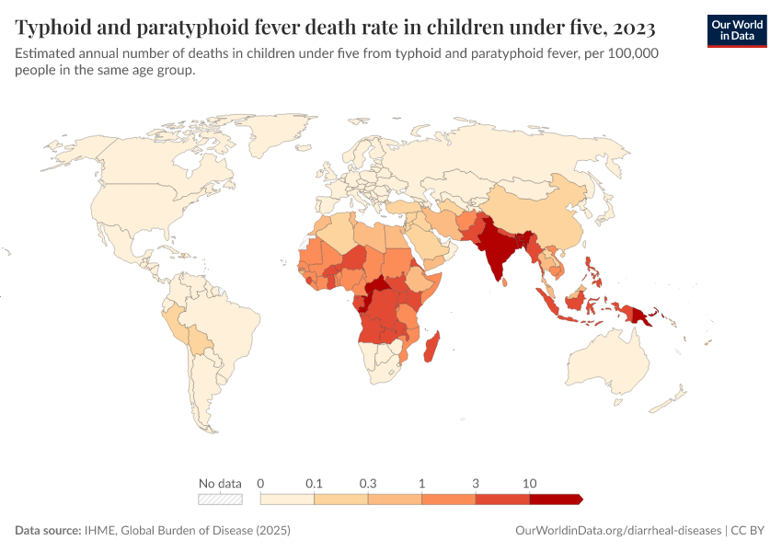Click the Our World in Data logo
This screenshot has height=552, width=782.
(737, 30)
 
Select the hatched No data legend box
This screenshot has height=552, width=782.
(221, 499)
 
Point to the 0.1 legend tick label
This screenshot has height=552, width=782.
(315, 483)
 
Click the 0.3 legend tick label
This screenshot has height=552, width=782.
(368, 483)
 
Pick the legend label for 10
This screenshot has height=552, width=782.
(529, 483)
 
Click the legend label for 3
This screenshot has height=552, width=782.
(476, 483)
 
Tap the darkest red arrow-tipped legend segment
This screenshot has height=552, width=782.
(555, 499)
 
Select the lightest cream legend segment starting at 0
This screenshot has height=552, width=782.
(288, 499)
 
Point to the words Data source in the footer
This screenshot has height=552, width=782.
(47, 531)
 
